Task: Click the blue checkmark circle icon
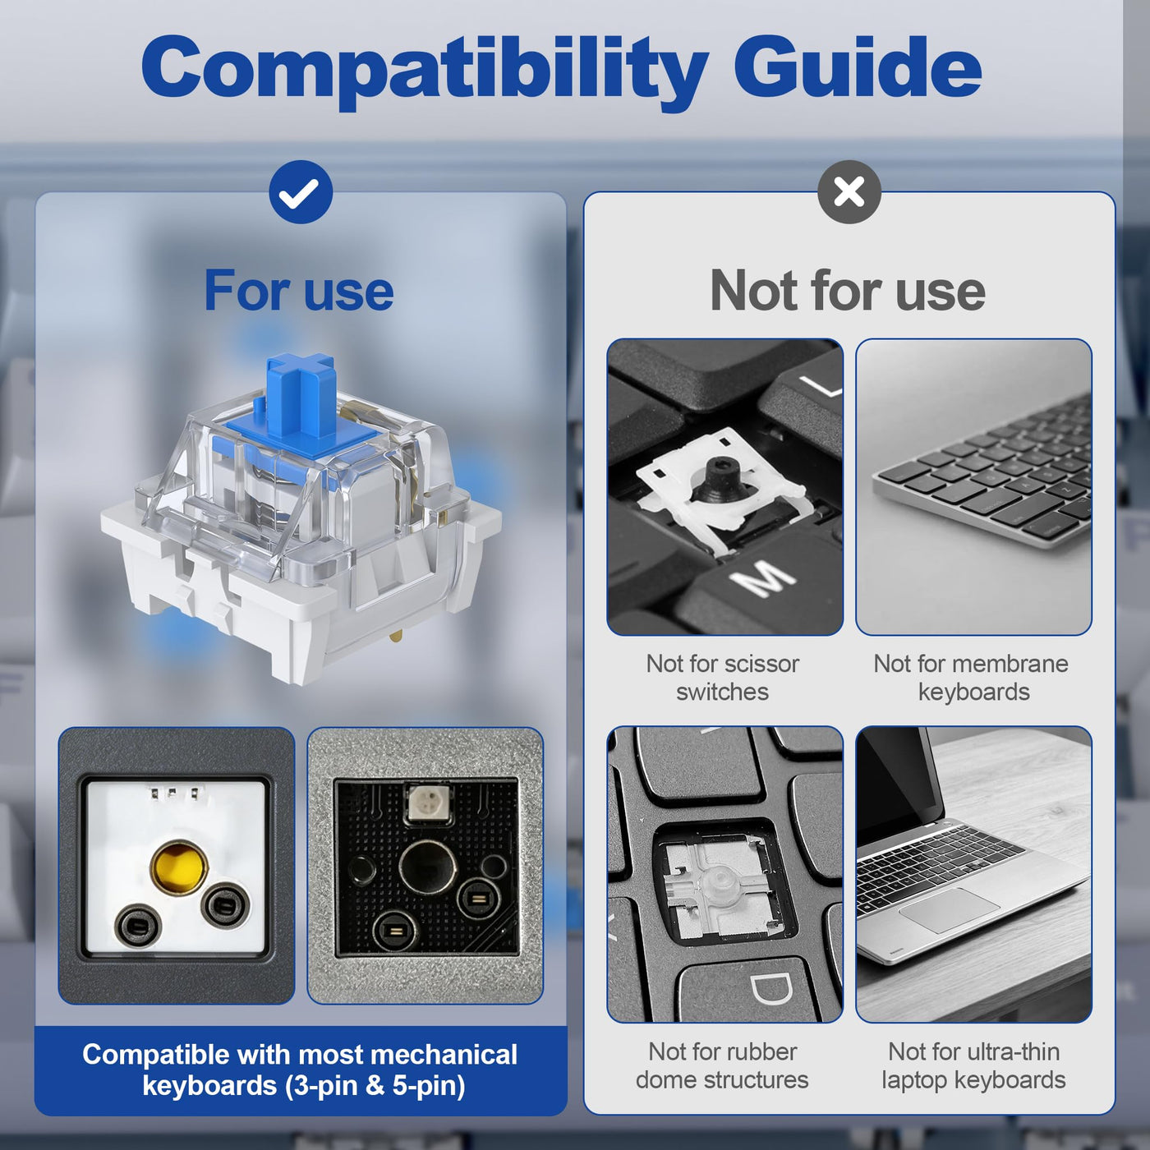point(300,192)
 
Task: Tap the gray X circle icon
point(849,192)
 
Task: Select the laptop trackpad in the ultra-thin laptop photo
point(948,911)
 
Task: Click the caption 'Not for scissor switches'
point(723,678)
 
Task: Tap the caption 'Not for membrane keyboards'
point(971,678)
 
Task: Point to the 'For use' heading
point(299,291)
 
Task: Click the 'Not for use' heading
point(848,291)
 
